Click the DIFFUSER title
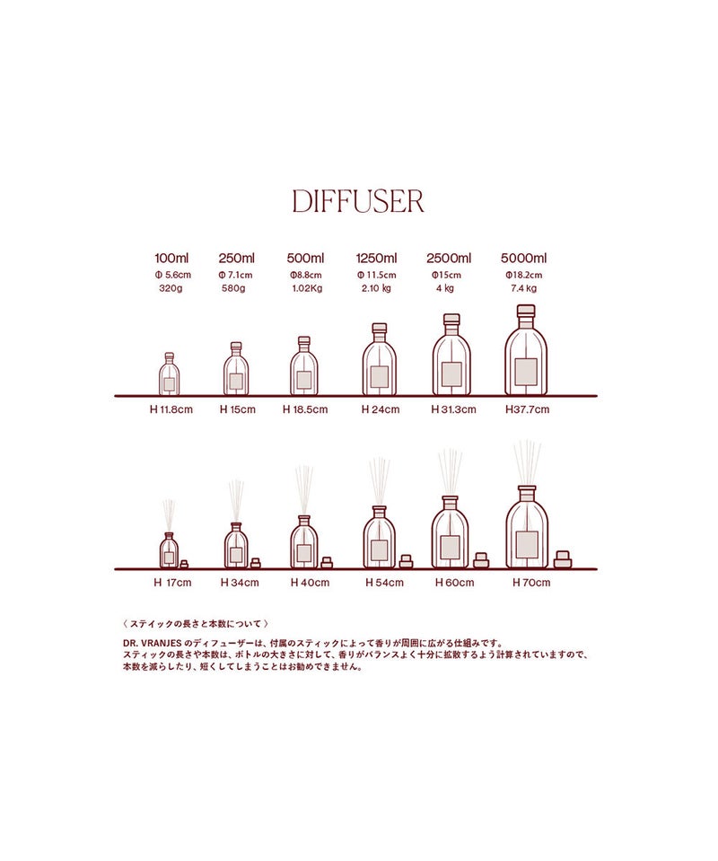[358, 201]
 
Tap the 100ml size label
[171, 258]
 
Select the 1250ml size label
[376, 258]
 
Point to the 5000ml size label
[523, 258]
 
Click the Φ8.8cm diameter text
[306, 275]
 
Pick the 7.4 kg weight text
[523, 288]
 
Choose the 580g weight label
[233, 288]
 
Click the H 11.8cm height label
[171, 409]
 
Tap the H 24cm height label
[381, 409]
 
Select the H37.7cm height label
[527, 409]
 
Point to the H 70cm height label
[531, 583]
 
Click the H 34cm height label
[240, 583]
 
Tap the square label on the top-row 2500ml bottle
[451, 374]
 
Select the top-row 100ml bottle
[169, 374]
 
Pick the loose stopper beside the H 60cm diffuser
[481, 560]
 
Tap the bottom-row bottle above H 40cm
[304, 542]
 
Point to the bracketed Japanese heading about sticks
[196, 624]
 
